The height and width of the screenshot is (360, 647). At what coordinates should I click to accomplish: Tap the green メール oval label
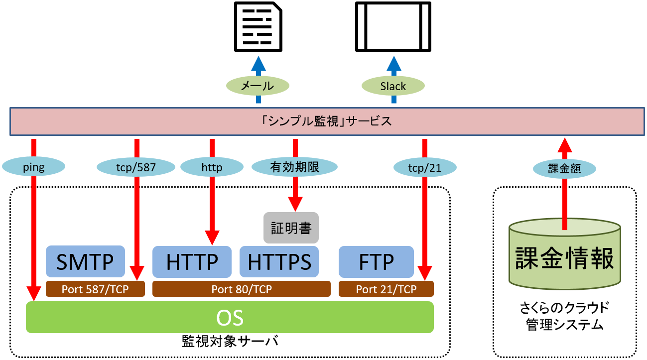point(258,86)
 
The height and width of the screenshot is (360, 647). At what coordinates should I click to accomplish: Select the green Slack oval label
point(393,86)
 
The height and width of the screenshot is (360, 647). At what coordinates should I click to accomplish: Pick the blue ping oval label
point(33,167)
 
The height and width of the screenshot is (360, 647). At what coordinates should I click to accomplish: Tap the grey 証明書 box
point(291,228)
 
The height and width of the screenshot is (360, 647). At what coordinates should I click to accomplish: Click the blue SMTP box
point(85,261)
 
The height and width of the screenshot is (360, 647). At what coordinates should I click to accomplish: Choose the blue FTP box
point(376,261)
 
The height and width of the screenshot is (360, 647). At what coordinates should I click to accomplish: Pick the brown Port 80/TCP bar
point(241,289)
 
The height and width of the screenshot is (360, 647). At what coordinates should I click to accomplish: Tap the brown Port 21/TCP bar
point(386,289)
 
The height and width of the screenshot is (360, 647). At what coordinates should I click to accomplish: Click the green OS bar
point(230,317)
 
